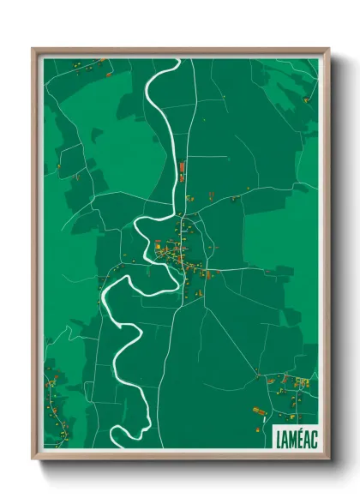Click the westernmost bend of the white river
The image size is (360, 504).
[x=104, y=296]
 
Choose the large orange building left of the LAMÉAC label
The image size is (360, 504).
[x=258, y=411]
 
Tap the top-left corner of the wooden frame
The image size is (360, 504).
[x=33, y=50]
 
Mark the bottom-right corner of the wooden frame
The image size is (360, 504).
[x=328, y=458]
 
